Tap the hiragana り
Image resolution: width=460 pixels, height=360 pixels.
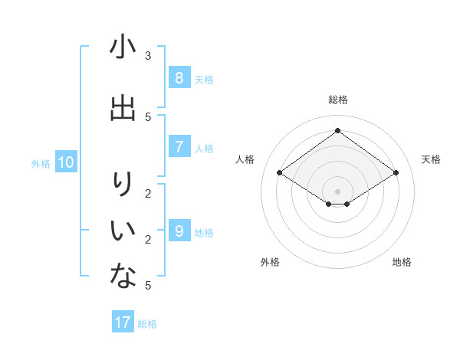point(123,185)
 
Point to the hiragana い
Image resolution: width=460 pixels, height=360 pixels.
point(123,229)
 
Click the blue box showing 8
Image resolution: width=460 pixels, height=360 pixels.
point(179,77)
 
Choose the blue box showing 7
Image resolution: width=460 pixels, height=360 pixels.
point(179,146)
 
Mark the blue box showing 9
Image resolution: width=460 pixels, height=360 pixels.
point(179,231)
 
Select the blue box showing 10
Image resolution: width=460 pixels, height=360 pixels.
point(66,162)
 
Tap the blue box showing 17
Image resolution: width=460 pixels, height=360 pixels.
point(123,322)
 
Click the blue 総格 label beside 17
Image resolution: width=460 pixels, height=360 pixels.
point(147,324)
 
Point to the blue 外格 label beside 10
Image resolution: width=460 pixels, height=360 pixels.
point(41,163)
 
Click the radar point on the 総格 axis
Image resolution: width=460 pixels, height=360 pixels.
point(337,130)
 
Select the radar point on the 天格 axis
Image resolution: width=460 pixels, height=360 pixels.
point(396,173)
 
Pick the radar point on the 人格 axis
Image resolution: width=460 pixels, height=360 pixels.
point(279,173)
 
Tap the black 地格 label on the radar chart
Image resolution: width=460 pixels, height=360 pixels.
point(402,262)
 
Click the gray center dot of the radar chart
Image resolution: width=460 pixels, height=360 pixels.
point(337,191)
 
